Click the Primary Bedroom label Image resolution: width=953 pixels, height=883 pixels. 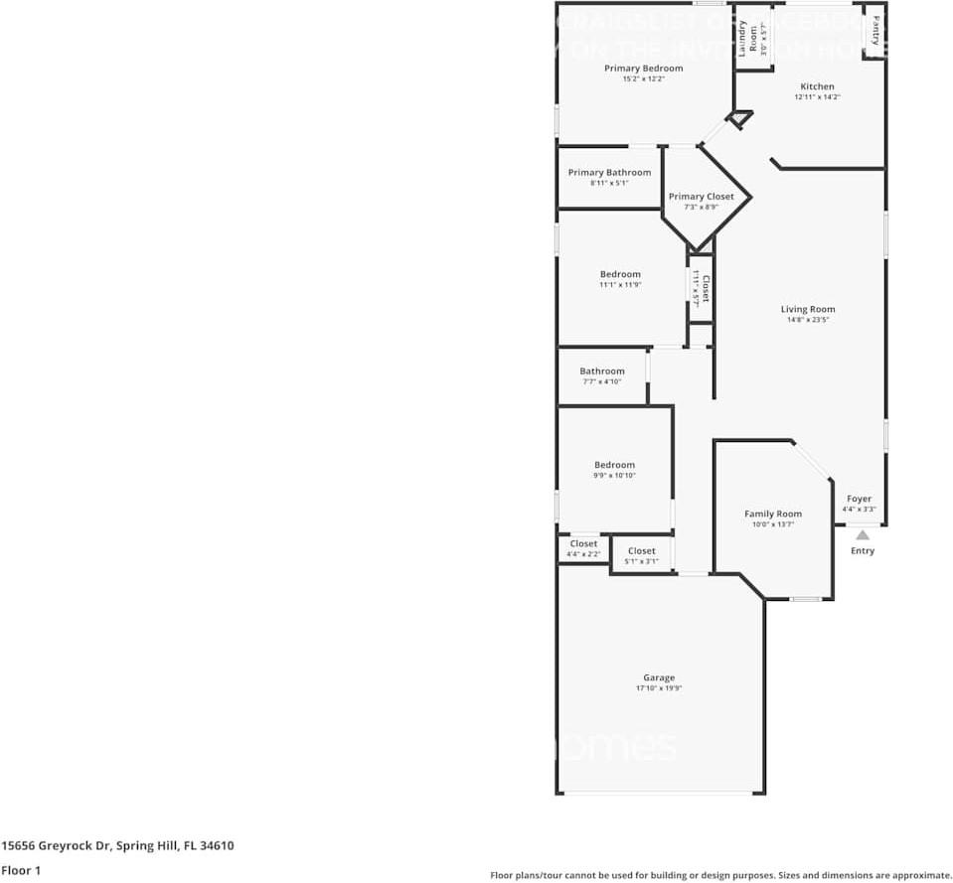click(643, 69)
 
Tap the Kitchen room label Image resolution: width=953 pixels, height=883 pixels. click(817, 86)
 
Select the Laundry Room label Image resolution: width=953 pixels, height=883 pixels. click(753, 36)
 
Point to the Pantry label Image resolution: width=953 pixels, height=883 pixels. click(875, 30)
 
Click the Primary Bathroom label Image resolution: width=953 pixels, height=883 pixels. click(609, 173)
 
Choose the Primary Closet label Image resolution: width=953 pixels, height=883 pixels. click(701, 197)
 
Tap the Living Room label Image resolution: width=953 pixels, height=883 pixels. click(807, 309)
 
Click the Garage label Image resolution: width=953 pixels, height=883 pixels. click(658, 678)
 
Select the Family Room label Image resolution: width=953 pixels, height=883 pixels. click(773, 515)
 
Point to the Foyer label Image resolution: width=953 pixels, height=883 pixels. click(859, 499)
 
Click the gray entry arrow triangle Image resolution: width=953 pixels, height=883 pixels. click(863, 535)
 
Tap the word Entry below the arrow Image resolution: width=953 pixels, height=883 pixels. click(863, 551)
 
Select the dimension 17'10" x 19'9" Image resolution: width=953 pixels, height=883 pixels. click(658, 688)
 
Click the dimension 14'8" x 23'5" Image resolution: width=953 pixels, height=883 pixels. click(807, 320)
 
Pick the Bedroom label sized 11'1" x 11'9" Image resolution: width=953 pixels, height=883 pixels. click(620, 274)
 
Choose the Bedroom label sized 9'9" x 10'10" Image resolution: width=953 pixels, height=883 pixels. click(614, 465)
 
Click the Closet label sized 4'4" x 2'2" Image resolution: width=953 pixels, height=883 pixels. click(583, 544)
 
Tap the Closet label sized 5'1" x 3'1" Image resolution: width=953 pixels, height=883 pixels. click(641, 551)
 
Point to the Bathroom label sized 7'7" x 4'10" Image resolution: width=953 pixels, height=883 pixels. click(602, 371)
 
